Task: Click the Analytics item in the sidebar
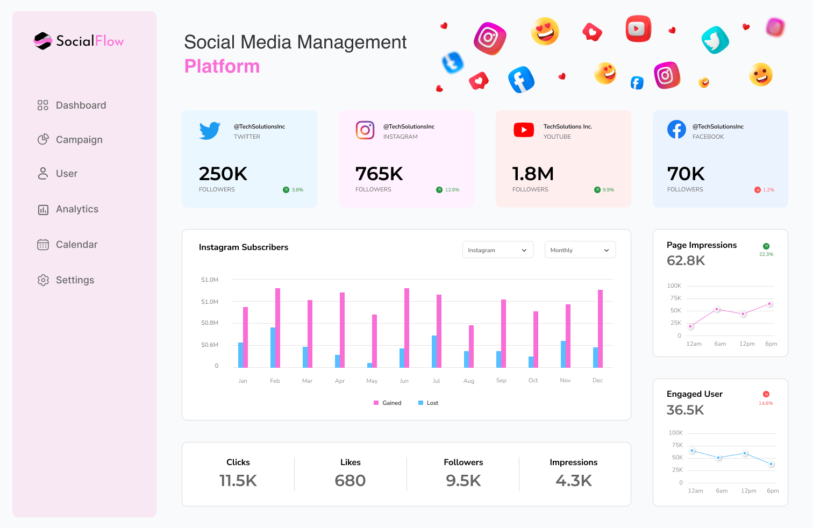[76, 209]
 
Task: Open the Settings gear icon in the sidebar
[43, 280]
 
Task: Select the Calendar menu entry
[76, 245]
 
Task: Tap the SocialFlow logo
[79, 41]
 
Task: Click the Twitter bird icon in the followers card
[210, 131]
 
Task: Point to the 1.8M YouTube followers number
[533, 174]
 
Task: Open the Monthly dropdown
[580, 250]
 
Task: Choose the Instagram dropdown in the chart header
[497, 250]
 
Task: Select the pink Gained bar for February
[278, 328]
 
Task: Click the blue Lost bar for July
[434, 352]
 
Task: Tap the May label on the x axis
[372, 381]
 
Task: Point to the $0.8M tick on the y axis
[210, 323]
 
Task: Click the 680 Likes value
[350, 480]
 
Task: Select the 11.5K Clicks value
[238, 480]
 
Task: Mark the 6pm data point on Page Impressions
[769, 304]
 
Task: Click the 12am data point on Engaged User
[693, 451]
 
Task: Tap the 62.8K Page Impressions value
[686, 261]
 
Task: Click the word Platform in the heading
[222, 66]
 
